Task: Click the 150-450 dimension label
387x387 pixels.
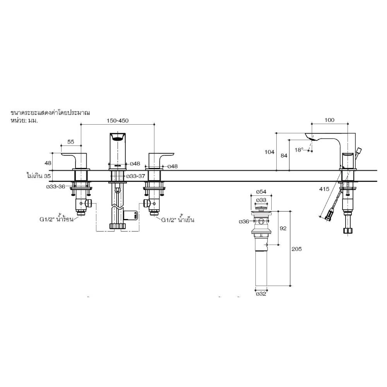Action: pos(118,120)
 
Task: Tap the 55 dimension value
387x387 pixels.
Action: pos(71,142)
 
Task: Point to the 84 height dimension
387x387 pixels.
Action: pos(284,156)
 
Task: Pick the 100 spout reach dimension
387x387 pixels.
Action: pos(329,120)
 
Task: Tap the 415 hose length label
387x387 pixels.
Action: pos(325,189)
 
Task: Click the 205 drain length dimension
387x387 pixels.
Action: pos(297,249)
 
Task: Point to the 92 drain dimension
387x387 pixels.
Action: pos(283,228)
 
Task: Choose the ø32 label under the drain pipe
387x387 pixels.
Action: pos(261,294)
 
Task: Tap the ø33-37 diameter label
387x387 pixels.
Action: pos(136,176)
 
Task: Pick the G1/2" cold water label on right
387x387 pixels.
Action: pos(177,220)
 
